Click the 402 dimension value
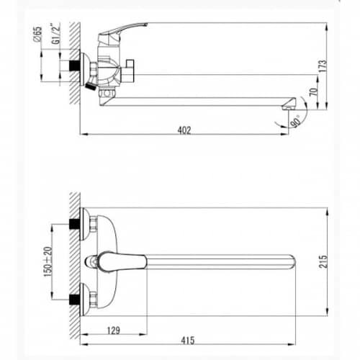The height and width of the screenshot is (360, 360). [184, 130]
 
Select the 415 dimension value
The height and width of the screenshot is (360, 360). [188, 341]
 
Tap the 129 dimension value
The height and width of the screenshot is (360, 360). [113, 330]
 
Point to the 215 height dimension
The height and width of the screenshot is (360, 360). [323, 261]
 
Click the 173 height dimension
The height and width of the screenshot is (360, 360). [323, 66]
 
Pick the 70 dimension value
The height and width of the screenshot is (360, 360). [313, 92]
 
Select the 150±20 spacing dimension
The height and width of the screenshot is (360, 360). [48, 261]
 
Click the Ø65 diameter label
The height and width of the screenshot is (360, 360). [38, 35]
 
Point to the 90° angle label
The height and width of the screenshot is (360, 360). [296, 121]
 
